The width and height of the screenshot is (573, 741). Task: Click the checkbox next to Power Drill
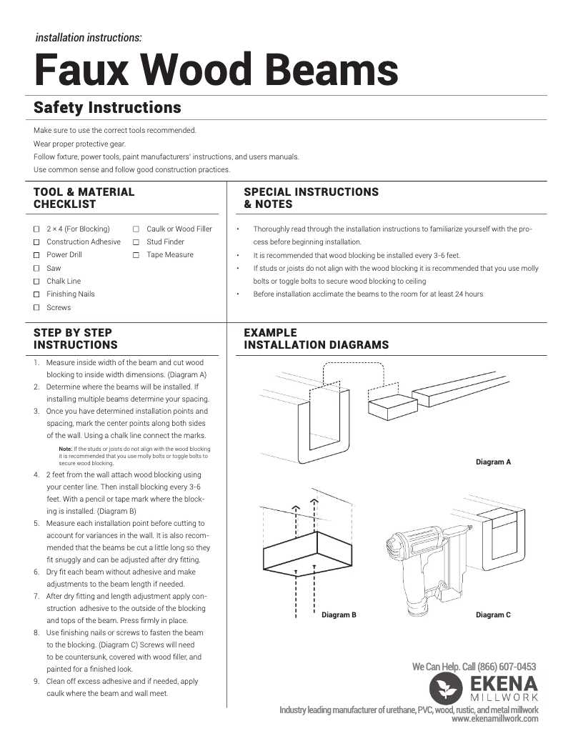pos(36,255)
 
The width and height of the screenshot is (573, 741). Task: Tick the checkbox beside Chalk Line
pos(36,282)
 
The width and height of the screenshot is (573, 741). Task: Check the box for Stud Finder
pos(136,242)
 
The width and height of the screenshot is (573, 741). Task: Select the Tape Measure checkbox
pos(136,255)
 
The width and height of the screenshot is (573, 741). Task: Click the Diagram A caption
pos(493,462)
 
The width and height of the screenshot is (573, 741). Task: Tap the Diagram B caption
pos(339,615)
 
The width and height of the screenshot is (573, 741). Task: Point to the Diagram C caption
pos(493,615)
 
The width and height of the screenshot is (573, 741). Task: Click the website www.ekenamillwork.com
pos(494,720)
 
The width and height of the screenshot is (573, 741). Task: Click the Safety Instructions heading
pos(107,108)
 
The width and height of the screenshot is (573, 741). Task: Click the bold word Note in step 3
pos(65,449)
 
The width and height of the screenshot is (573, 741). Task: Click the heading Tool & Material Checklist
pos(84,198)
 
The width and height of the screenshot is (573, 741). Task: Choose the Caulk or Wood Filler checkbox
pos(136,229)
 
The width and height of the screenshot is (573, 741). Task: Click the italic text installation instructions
pos(89,38)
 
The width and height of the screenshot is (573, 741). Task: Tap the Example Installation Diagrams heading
pos(316,339)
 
